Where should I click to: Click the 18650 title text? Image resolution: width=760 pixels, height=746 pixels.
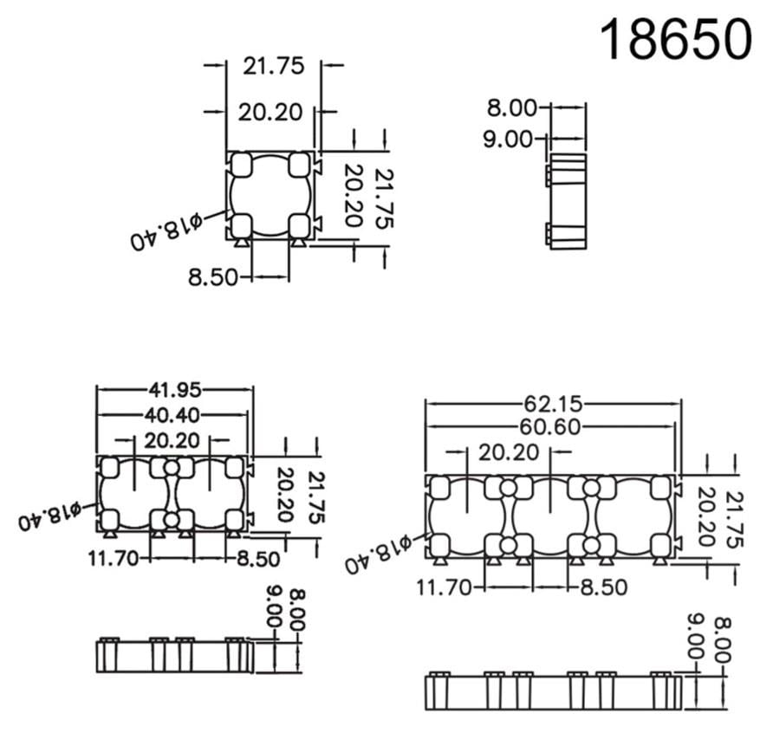pos(675,39)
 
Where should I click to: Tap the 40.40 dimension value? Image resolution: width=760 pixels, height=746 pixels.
pos(174,415)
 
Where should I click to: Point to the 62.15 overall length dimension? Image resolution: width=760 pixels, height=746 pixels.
pos(552,403)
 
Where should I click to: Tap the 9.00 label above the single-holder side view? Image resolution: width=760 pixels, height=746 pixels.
pos(512,138)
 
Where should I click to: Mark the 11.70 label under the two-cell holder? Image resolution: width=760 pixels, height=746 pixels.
pos(113,558)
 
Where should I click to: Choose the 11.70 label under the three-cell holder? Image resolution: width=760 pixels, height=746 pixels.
pos(443,587)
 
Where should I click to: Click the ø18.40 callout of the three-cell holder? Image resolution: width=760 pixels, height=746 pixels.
pos(378,555)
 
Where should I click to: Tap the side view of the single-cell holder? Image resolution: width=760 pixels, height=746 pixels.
pos(568,202)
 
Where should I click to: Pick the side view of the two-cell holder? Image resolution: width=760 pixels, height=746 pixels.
pos(173,655)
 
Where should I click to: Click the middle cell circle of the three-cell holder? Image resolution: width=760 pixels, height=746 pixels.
pos(552,516)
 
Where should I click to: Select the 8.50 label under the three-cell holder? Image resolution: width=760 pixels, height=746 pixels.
pos(602,587)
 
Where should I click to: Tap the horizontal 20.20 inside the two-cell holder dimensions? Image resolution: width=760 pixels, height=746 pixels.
pos(173,440)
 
